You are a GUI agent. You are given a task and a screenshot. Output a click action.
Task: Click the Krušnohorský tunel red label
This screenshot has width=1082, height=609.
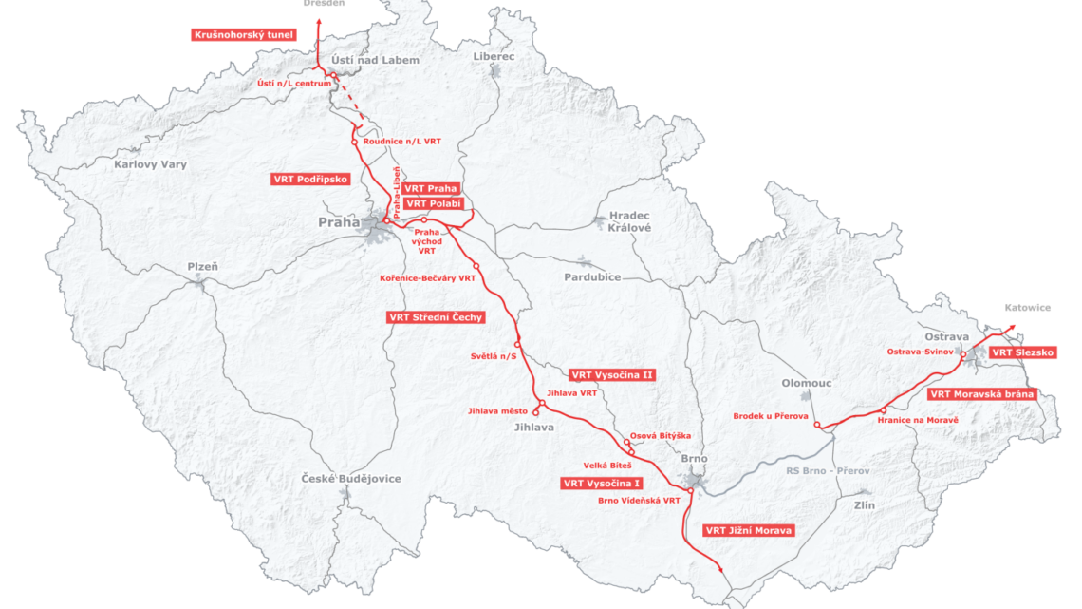[x=243, y=35]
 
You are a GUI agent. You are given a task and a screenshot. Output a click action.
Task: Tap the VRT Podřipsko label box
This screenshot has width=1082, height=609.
[x=310, y=179]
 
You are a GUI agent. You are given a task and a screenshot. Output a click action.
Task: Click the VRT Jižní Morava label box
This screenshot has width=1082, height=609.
[x=747, y=530]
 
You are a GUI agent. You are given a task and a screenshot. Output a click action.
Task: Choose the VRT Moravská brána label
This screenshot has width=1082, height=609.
[x=981, y=393]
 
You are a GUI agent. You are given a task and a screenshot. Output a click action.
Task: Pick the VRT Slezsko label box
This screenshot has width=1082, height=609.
[x=1023, y=352]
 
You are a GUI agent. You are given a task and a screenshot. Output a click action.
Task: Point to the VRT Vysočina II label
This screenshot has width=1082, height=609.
[x=611, y=375]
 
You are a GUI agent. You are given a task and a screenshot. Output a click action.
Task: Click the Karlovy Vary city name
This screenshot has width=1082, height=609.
[x=151, y=164]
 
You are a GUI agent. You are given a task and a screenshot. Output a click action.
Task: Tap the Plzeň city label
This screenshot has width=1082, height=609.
[x=202, y=267]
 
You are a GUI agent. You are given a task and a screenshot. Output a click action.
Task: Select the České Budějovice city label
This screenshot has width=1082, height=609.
[x=351, y=479]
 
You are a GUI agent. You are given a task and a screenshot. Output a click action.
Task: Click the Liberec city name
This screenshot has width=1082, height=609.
[x=494, y=57]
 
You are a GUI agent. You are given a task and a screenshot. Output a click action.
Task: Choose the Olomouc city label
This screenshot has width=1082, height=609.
[x=806, y=383]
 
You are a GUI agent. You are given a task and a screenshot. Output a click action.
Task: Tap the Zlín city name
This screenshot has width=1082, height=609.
[x=864, y=504]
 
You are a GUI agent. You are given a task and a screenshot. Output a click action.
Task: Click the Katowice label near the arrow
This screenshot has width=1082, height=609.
[x=1028, y=308]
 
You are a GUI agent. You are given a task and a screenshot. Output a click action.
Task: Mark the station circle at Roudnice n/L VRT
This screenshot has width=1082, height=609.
[x=354, y=142]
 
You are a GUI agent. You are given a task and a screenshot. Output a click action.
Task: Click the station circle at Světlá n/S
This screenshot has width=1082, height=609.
[x=517, y=344]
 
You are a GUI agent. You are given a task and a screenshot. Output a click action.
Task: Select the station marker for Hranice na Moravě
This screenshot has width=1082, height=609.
[x=884, y=410]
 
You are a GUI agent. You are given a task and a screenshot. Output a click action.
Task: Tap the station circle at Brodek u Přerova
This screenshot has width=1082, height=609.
[x=817, y=425]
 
